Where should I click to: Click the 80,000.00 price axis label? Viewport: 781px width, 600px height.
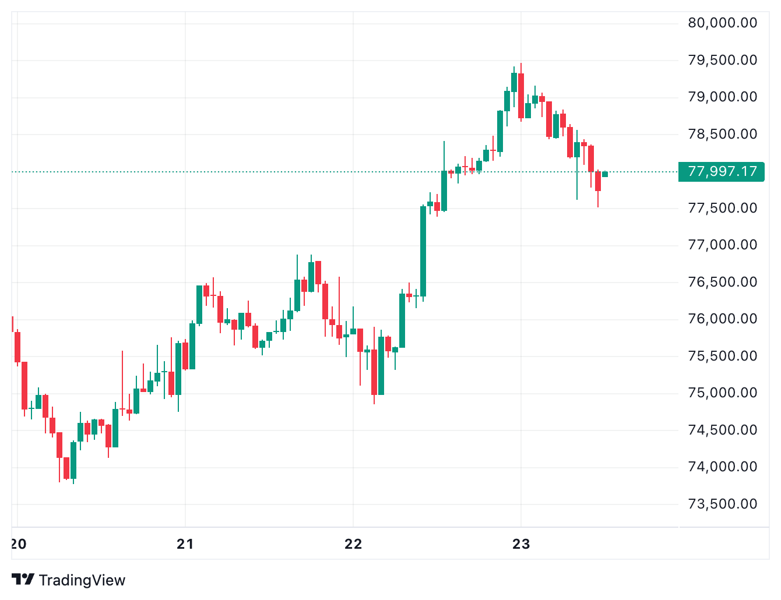point(722,23)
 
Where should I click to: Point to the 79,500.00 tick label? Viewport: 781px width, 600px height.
point(722,60)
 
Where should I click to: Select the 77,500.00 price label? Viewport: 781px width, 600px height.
point(722,208)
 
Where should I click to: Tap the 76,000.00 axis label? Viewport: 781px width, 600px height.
point(722,319)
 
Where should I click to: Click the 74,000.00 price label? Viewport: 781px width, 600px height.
point(722,467)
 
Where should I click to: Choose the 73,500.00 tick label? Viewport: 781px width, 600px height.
point(722,504)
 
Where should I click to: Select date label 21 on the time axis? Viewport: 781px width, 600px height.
point(185,544)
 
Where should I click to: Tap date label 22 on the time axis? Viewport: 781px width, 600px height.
point(353,544)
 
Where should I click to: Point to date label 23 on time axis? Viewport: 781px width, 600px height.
point(521,544)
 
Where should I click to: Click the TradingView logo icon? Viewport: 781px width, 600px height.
point(23,580)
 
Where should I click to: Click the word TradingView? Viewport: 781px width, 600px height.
point(82,580)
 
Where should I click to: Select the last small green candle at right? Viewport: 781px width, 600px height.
point(605,174)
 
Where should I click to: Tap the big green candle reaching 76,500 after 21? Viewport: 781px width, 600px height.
point(199,304)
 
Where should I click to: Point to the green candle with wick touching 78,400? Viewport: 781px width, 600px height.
point(444,190)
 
